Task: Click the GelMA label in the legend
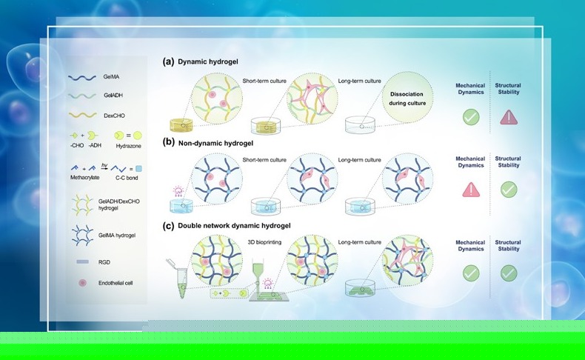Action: tap(111, 77)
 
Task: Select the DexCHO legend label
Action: tap(114, 116)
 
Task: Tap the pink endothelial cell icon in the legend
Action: tap(82, 283)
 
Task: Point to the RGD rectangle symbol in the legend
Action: tap(82, 262)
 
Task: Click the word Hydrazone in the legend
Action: tap(128, 146)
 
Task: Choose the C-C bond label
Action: tap(127, 178)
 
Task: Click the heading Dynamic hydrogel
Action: tap(208, 61)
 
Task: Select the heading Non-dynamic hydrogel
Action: tap(215, 143)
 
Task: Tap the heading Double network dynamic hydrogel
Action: tap(234, 226)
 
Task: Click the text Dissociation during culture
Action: tap(407, 99)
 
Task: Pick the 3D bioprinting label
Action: tap(264, 242)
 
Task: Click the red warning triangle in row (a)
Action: tap(509, 118)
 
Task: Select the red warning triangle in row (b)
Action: tap(471, 190)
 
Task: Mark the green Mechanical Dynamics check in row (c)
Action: tap(471, 273)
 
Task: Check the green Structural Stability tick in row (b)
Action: tap(509, 190)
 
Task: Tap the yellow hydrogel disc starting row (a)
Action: tap(181, 125)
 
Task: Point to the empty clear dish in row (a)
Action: tap(360, 125)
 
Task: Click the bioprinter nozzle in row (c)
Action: tap(258, 275)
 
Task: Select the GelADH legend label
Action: tap(113, 96)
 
